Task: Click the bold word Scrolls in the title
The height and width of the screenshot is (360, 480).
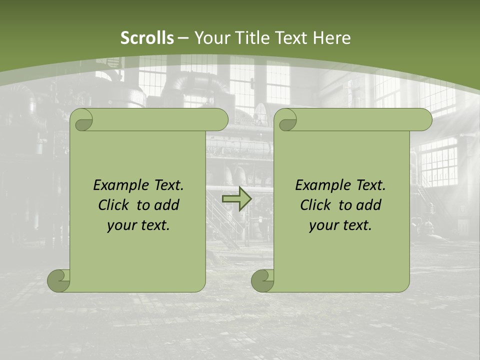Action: click(147, 38)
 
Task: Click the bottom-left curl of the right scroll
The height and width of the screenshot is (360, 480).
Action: click(263, 280)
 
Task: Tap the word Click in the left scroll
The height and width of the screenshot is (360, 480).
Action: click(113, 205)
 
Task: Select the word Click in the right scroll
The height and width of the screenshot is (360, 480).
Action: click(315, 205)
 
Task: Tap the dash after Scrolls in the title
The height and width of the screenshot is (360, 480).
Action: click(183, 38)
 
